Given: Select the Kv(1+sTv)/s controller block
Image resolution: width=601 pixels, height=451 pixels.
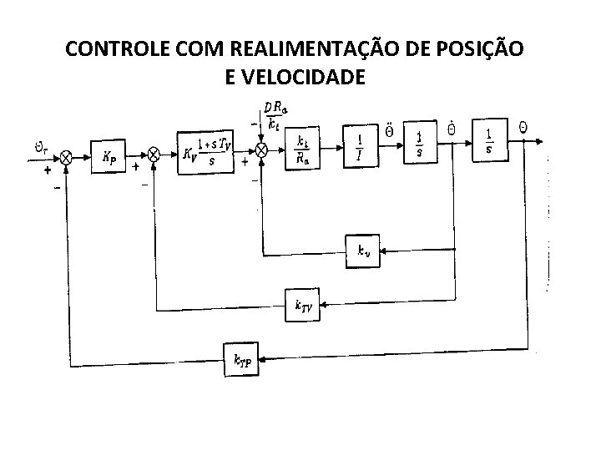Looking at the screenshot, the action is coord(205,152).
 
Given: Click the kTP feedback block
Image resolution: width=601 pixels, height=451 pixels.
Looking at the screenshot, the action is coord(240,361).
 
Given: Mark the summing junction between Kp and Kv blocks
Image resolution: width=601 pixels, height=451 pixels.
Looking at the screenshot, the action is coord(154,155).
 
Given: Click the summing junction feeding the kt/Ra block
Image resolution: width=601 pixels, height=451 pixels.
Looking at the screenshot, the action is coord(260,149).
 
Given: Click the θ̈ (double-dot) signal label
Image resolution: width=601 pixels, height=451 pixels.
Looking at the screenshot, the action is coord(390,130).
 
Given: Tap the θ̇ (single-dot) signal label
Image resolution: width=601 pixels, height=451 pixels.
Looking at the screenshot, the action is coord(452,129).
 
